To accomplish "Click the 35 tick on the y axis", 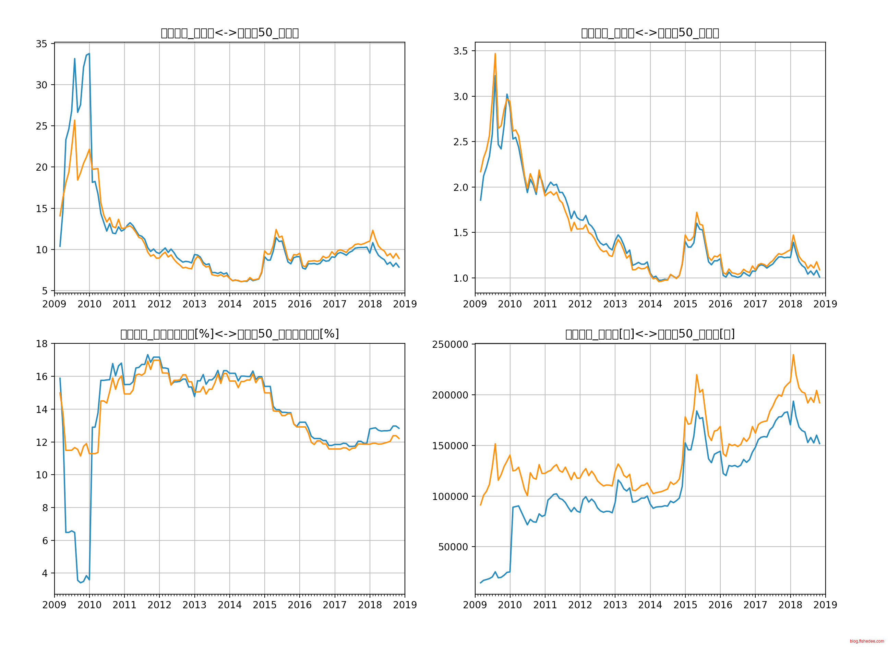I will point(41,44).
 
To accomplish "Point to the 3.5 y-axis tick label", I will point(461,51).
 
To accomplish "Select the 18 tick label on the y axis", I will point(41,344).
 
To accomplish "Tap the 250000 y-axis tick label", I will point(450,344).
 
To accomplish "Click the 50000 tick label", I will point(453,547).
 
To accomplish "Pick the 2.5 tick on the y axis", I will point(461,142).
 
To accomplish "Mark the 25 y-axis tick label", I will point(41,126).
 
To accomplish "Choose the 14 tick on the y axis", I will point(41,410).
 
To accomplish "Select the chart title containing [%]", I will point(230,334).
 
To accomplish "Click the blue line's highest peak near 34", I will point(89,54).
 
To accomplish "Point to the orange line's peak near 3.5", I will point(495,54).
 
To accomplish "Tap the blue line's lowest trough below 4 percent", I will point(81,583).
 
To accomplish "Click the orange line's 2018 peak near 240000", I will point(793,355).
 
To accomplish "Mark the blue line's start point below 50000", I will point(480,583).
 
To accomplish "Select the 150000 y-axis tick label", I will point(450,446).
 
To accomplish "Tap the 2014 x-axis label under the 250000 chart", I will point(650,605).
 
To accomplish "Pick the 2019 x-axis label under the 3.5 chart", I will point(825,304).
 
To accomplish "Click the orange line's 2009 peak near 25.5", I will point(74,120).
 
